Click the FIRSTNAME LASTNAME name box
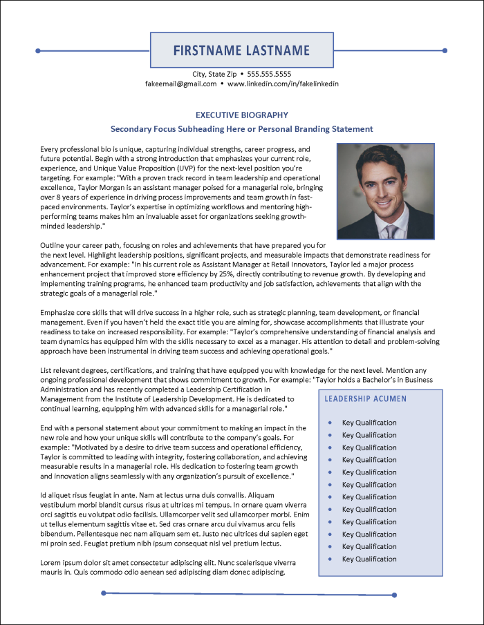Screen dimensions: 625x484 [241, 50]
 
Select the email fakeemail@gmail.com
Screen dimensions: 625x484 [181, 84]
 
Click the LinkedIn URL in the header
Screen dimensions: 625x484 [283, 84]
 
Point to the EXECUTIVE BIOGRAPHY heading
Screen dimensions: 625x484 [241, 115]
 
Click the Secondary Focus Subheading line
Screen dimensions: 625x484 [241, 129]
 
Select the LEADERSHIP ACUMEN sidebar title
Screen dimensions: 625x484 [366, 399]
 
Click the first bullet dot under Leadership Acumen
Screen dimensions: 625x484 [331, 423]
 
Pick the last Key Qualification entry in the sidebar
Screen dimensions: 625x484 [369, 559]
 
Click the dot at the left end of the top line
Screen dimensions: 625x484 [39, 50]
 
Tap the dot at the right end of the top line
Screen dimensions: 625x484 [445, 50]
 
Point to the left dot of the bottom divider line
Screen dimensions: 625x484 [104, 593]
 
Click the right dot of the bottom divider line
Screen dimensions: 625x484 [395, 595]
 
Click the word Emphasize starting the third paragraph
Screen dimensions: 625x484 [61, 313]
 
